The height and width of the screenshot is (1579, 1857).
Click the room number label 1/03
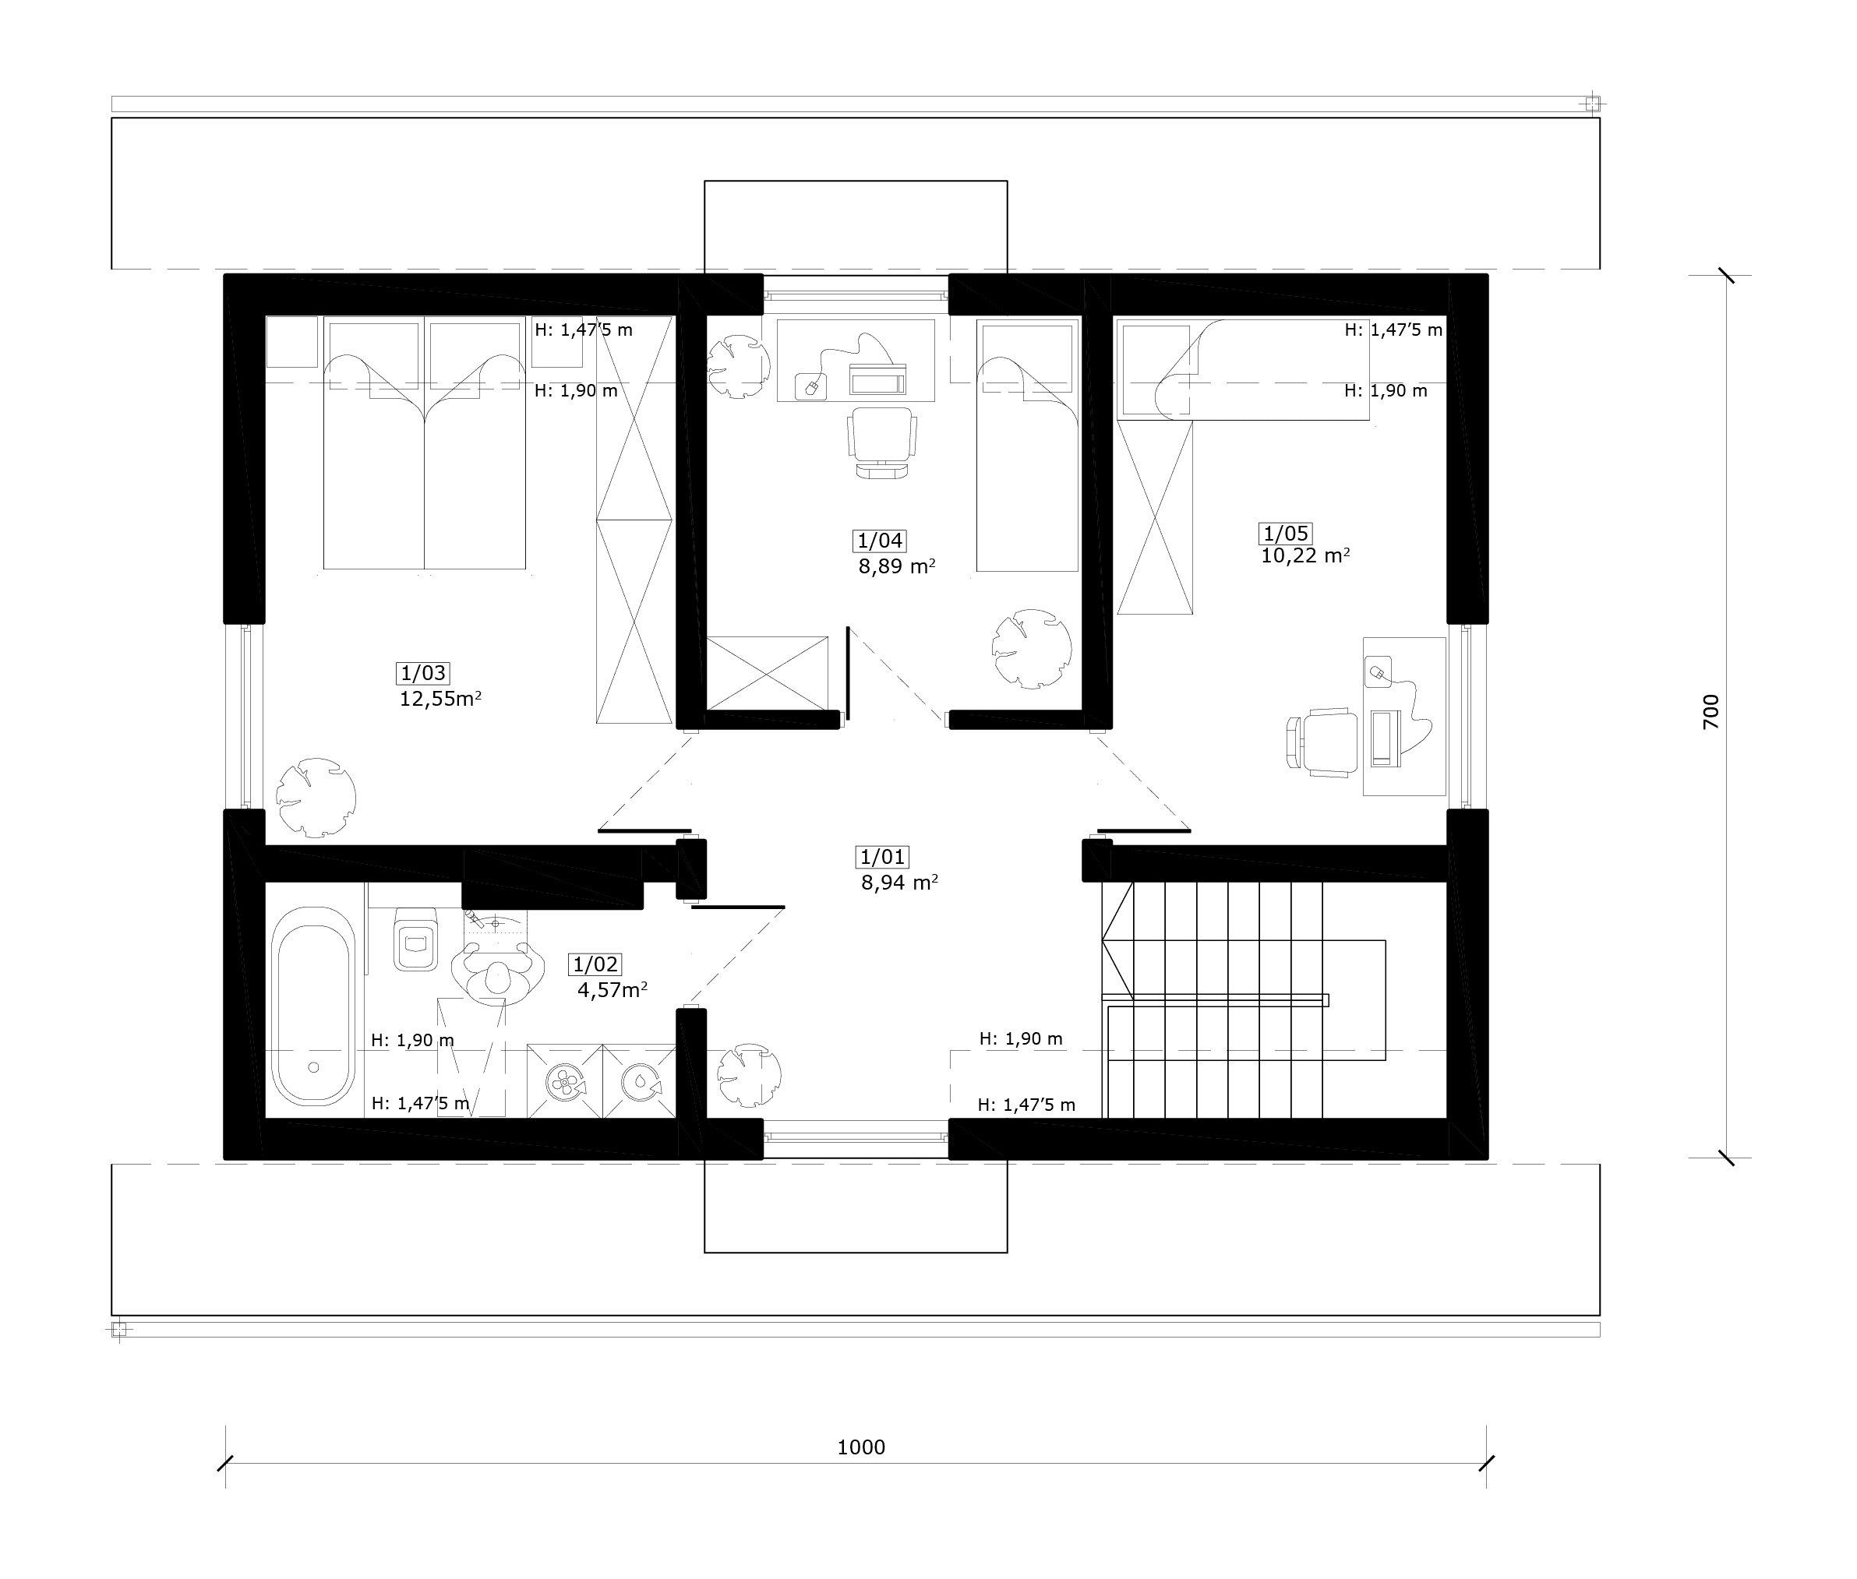422,673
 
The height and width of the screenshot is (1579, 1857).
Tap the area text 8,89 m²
897,566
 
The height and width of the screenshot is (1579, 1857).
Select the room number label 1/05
1286,534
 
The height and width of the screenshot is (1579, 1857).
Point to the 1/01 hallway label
883,858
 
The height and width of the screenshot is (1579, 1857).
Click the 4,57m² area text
613,990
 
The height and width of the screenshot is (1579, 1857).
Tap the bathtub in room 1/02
312,1006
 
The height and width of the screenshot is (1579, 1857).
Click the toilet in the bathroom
415,938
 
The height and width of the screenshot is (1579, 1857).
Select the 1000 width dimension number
861,1447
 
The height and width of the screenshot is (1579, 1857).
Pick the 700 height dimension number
1710,712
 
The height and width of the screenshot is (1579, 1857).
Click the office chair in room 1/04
882,443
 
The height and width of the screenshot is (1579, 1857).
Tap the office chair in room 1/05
1319,739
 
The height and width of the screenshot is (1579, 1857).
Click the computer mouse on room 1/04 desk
812,386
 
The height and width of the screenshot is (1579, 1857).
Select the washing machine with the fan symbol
564,1081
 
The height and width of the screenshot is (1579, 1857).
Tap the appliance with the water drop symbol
639,1081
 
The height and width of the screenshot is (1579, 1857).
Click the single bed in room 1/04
1027,445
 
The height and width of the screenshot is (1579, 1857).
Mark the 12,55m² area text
440,699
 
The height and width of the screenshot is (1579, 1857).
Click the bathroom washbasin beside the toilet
498,958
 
